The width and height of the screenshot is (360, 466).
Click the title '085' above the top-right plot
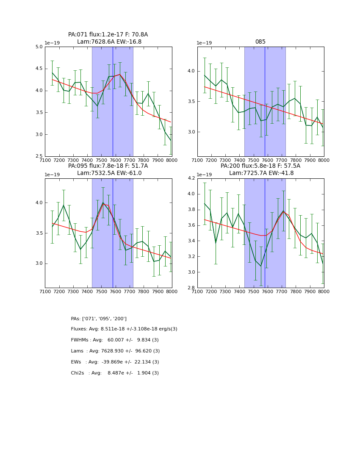point(260,42)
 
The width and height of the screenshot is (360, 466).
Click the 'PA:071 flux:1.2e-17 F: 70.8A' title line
point(108,35)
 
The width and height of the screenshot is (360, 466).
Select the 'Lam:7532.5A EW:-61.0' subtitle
point(109,173)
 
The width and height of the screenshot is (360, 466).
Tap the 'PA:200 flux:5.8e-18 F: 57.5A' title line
point(260,166)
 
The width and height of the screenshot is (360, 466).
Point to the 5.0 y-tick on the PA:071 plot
point(39,47)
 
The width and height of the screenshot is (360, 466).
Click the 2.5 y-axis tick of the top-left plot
point(39,157)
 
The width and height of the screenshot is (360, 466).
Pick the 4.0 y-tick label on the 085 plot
point(191,71)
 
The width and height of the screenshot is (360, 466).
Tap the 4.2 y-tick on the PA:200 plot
point(191,178)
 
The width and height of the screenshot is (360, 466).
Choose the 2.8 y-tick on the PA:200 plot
point(191,288)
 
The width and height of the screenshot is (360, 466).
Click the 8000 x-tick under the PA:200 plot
point(324,292)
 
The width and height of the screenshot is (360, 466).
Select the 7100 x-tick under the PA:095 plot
point(45,292)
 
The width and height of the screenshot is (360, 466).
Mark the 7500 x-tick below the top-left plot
point(102,161)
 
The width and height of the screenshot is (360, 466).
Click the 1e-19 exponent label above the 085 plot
point(205,43)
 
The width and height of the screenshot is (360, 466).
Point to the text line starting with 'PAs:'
point(99,319)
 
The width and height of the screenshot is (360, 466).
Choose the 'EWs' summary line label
point(76,362)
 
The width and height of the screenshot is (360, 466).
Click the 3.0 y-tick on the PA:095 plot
point(39,264)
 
